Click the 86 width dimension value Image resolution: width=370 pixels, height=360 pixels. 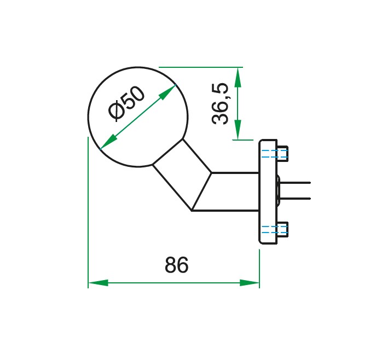click(x=176, y=265)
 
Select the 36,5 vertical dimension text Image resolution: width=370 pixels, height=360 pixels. click(x=221, y=104)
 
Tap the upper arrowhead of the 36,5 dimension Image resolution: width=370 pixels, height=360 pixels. click(x=237, y=77)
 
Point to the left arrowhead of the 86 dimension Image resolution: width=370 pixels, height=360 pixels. click(x=98, y=283)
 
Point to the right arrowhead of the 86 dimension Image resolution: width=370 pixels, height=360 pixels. click(x=250, y=283)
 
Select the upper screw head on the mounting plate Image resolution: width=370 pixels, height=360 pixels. click(x=283, y=153)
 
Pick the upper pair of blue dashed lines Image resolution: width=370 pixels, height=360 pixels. click(x=273, y=153)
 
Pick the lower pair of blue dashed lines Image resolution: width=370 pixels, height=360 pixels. click(x=273, y=229)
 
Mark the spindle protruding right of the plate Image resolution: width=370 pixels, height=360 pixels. click(x=296, y=190)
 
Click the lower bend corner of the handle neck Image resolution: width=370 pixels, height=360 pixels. click(x=193, y=210)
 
